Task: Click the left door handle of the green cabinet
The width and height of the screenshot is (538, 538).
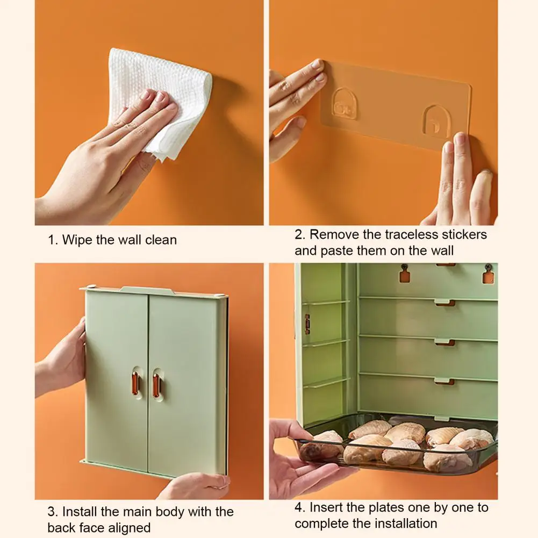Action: (135, 383)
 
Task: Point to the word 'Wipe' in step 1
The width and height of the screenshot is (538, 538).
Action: (77, 240)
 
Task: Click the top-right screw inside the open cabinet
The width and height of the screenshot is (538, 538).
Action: (487, 267)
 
